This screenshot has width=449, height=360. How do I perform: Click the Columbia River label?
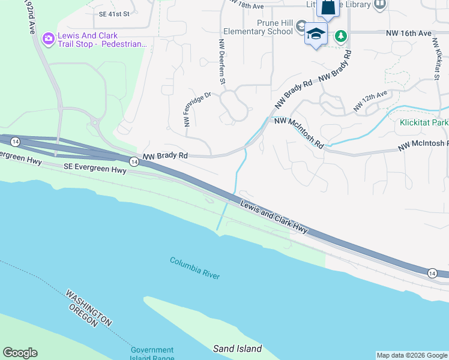194,268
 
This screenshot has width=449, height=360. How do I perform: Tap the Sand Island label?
238,349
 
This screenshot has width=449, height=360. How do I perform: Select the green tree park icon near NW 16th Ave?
341,36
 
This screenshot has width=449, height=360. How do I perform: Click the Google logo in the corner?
20,353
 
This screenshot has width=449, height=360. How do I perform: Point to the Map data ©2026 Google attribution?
412,355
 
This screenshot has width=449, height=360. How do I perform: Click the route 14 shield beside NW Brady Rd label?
133,162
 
